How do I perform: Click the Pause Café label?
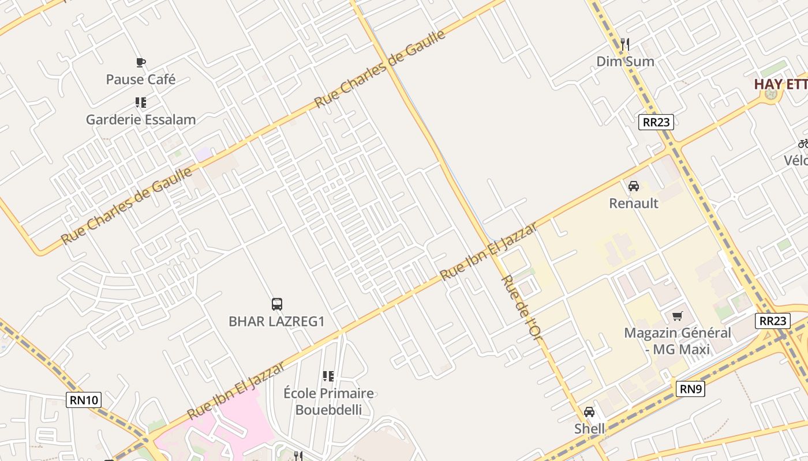coord(140,79)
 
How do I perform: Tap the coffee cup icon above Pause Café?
coord(140,62)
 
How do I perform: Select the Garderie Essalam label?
coord(141,120)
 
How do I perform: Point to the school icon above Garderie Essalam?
coord(140,103)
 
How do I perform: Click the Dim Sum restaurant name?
coord(625,61)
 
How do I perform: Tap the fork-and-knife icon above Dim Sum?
coord(624,44)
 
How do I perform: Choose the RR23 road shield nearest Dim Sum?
coord(656,122)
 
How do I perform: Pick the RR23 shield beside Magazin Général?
coord(772,321)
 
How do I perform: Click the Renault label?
coord(634,203)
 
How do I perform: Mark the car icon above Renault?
coord(633,186)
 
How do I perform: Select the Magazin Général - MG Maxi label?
coord(677,341)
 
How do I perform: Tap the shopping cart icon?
coord(677,316)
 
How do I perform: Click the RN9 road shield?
coord(690,389)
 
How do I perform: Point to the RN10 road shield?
coord(84,400)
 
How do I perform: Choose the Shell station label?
coord(589,429)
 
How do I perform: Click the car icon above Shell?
coord(589,412)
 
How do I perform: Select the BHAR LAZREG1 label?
coord(276,322)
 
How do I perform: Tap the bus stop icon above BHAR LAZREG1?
coord(277,304)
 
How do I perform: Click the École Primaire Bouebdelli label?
coord(328,402)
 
